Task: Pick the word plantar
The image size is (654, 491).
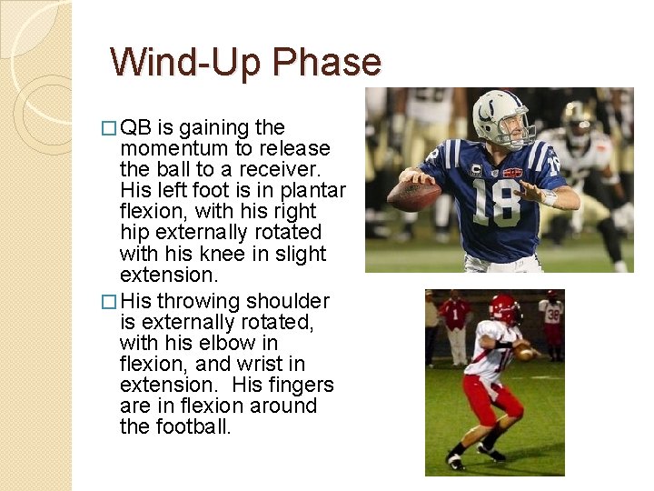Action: pyautogui.click(x=312, y=190)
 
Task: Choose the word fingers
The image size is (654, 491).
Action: pyautogui.click(x=296, y=385)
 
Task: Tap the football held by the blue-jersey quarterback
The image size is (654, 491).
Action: pyautogui.click(x=412, y=193)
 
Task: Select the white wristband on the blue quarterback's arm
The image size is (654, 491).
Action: pyautogui.click(x=549, y=197)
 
